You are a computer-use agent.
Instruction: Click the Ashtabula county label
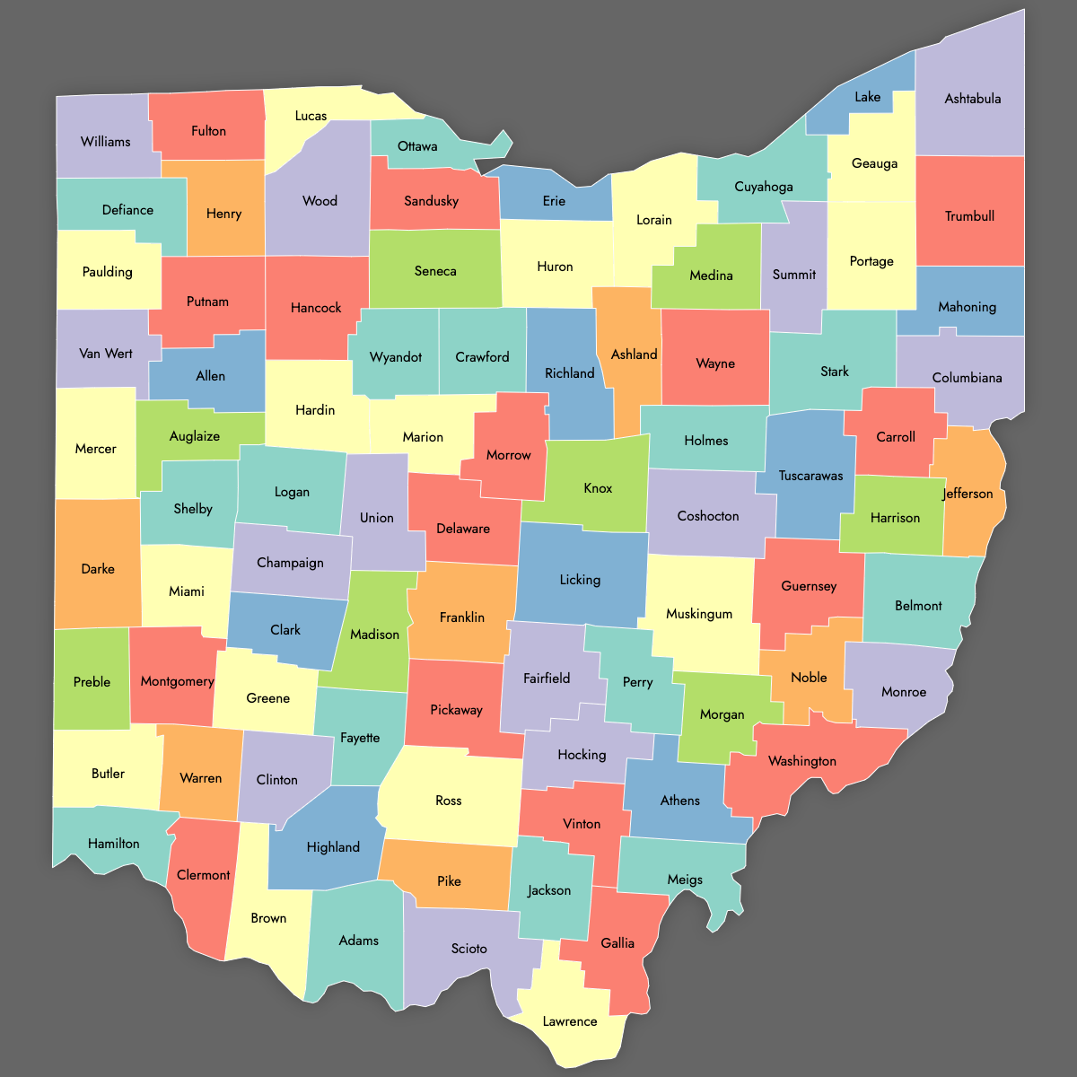coord(972,99)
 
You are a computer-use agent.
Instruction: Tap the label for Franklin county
coord(462,617)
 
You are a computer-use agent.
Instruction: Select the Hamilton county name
coord(114,844)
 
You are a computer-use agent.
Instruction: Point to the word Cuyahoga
coord(764,187)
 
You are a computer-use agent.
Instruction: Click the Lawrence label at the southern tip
coord(570,1021)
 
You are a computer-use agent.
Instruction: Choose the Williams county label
coord(105,142)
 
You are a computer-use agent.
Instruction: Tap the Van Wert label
coord(106,354)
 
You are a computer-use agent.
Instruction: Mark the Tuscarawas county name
coord(810,476)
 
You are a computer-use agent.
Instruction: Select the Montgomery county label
coord(177,681)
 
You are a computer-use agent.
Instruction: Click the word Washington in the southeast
coord(802,761)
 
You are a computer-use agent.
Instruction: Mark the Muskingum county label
coord(699,614)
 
